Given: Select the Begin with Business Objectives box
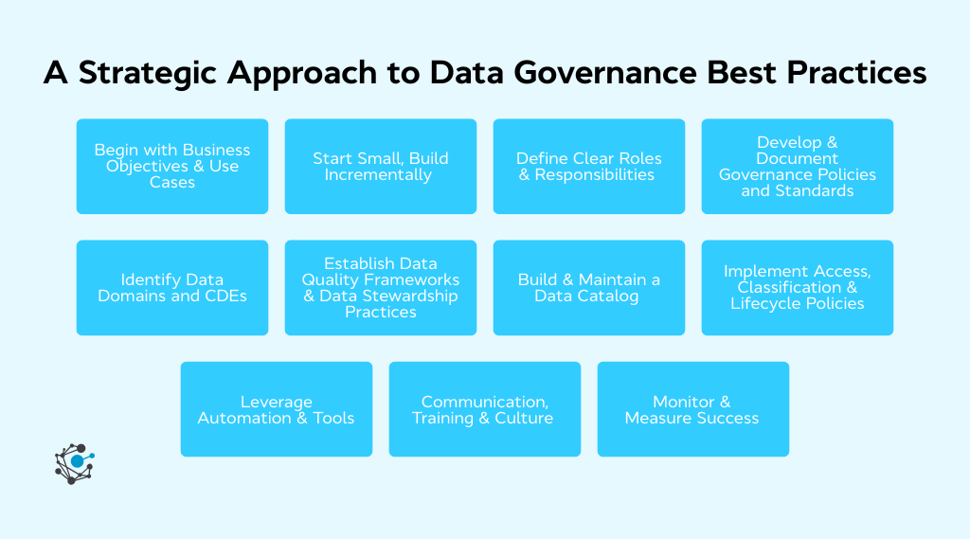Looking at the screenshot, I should [x=172, y=166].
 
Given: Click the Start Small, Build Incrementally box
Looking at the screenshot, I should [x=381, y=166].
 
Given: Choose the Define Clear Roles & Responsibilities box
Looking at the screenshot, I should [x=589, y=166].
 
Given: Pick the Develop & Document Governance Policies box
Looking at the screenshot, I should [x=798, y=166].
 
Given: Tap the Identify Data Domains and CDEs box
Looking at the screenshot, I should [x=172, y=287].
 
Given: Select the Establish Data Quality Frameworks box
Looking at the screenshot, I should [x=381, y=287].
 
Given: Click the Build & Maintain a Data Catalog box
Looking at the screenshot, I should [x=589, y=287].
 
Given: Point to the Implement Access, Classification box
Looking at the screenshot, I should [x=798, y=287].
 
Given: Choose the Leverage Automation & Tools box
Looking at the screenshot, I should [x=277, y=409].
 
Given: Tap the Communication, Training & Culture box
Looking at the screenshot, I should [x=485, y=409].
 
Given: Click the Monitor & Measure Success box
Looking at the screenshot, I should [x=693, y=409].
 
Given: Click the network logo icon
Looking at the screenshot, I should [x=75, y=463].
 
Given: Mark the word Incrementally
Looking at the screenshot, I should [x=378, y=174].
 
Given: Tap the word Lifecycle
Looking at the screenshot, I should [x=766, y=303].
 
